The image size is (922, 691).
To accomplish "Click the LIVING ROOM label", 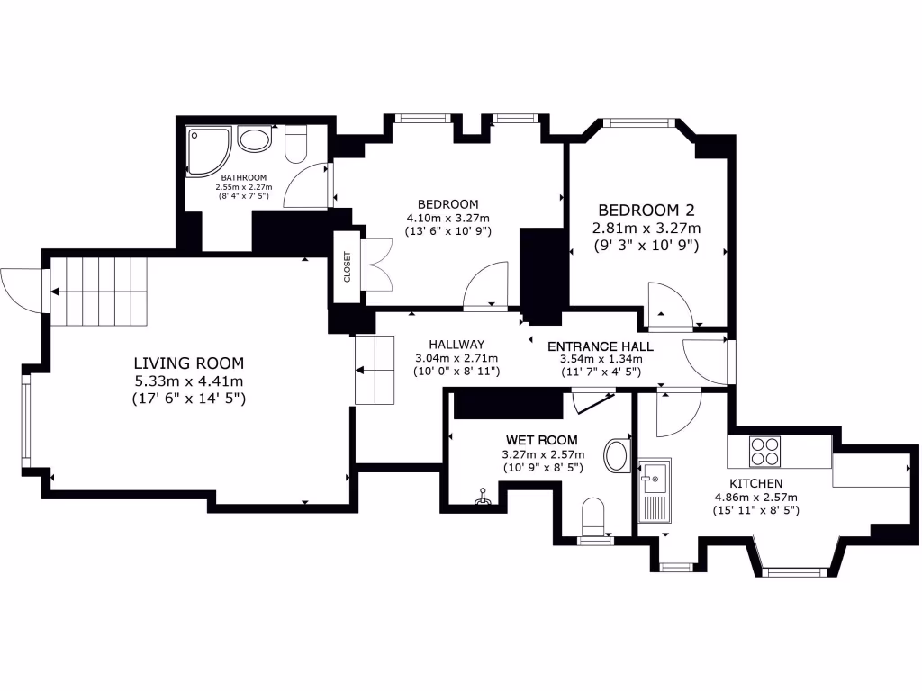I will pyautogui.click(x=189, y=363).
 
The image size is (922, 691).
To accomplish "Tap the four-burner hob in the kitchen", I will pyautogui.click(x=765, y=451).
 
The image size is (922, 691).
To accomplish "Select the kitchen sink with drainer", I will pyautogui.click(x=653, y=490).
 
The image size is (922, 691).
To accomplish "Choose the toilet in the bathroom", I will pyautogui.click(x=296, y=144).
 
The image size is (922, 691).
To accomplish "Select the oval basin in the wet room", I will pyautogui.click(x=617, y=456).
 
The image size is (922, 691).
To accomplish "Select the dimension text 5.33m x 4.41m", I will pyautogui.click(x=189, y=381).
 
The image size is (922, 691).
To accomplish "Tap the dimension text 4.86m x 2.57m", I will pyautogui.click(x=756, y=497).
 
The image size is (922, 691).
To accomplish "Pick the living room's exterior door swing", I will pyautogui.click(x=23, y=290).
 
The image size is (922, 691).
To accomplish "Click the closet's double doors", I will pyautogui.click(x=377, y=265).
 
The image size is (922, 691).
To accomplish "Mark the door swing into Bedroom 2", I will pyautogui.click(x=667, y=306).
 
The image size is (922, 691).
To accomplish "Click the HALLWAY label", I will pyautogui.click(x=456, y=344).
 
